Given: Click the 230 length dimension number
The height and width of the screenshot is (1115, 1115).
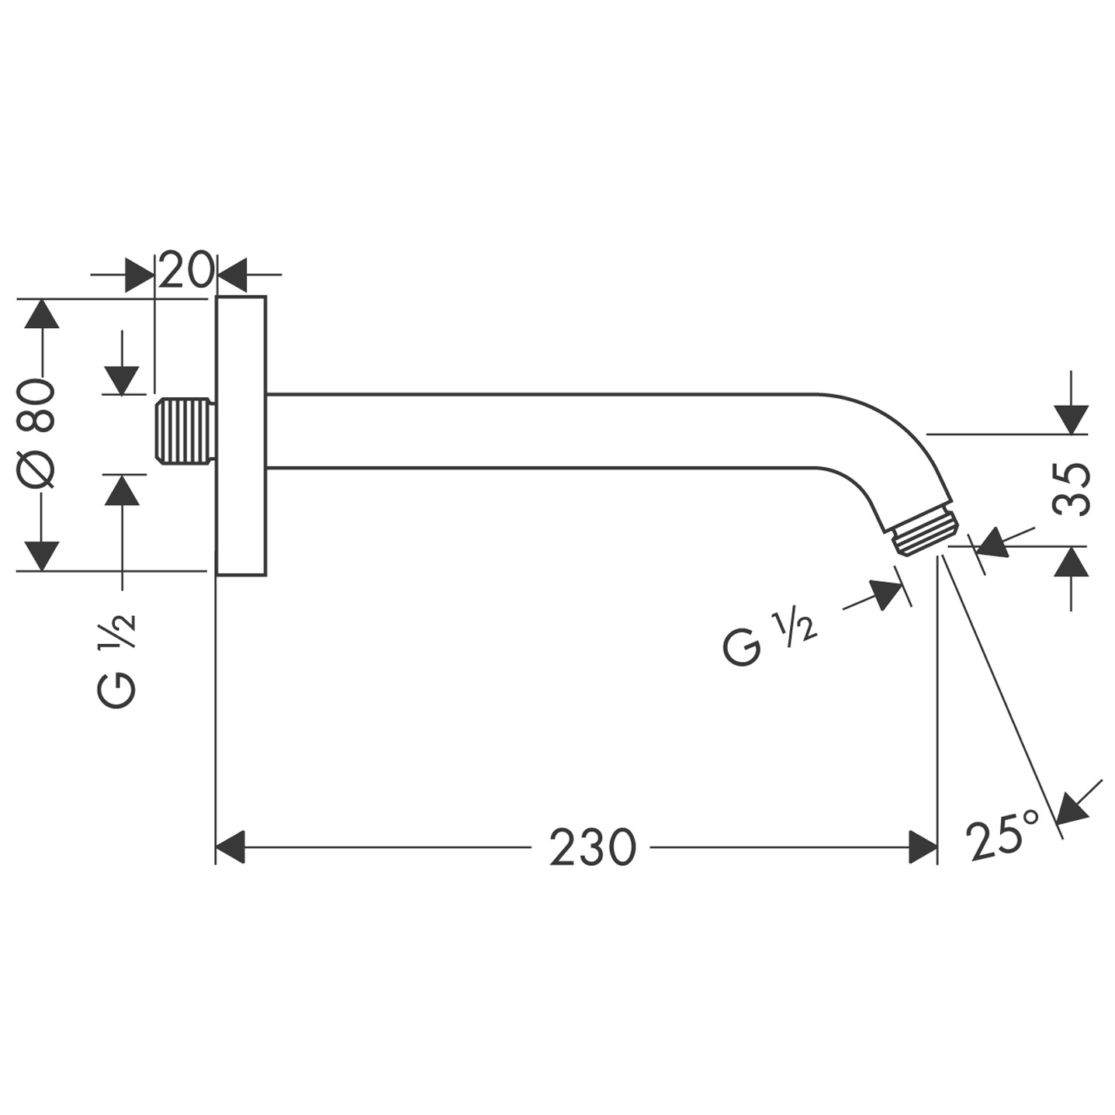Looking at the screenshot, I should click(592, 847).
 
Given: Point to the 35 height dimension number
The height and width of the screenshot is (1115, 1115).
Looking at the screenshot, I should click(1072, 490).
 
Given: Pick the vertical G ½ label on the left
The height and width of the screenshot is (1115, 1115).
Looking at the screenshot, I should click(117, 659).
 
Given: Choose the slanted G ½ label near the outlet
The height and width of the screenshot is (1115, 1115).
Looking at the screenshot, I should click(768, 639).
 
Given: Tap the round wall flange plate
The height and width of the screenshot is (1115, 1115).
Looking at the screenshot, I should click(241, 435).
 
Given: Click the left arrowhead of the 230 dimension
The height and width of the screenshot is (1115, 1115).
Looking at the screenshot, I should click(230, 847).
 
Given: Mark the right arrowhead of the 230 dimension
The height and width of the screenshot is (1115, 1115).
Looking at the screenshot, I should click(923, 847).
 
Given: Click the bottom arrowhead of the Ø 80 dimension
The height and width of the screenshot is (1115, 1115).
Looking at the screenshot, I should click(41, 556).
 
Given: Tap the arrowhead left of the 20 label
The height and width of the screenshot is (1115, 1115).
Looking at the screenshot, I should click(140, 275).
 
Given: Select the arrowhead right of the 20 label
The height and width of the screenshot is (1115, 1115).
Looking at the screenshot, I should click(230, 275).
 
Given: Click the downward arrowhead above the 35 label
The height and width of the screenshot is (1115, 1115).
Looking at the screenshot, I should click(1072, 419).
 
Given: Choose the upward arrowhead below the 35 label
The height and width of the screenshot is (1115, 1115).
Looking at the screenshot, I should click(1072, 561).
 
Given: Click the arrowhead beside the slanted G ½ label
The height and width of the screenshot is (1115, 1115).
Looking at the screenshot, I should click(887, 594).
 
